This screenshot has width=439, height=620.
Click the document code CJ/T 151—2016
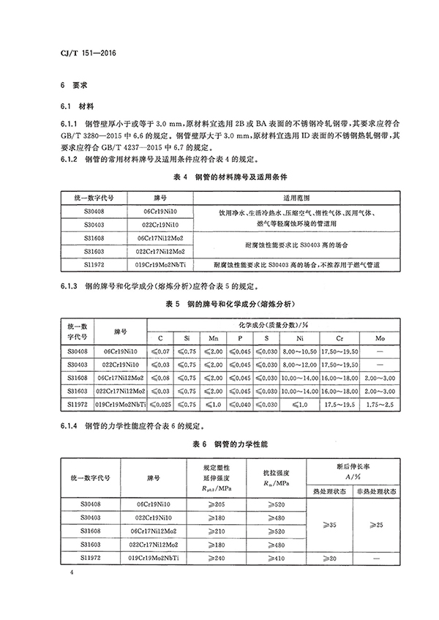[86, 53]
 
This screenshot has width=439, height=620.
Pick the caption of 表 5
[219, 303]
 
